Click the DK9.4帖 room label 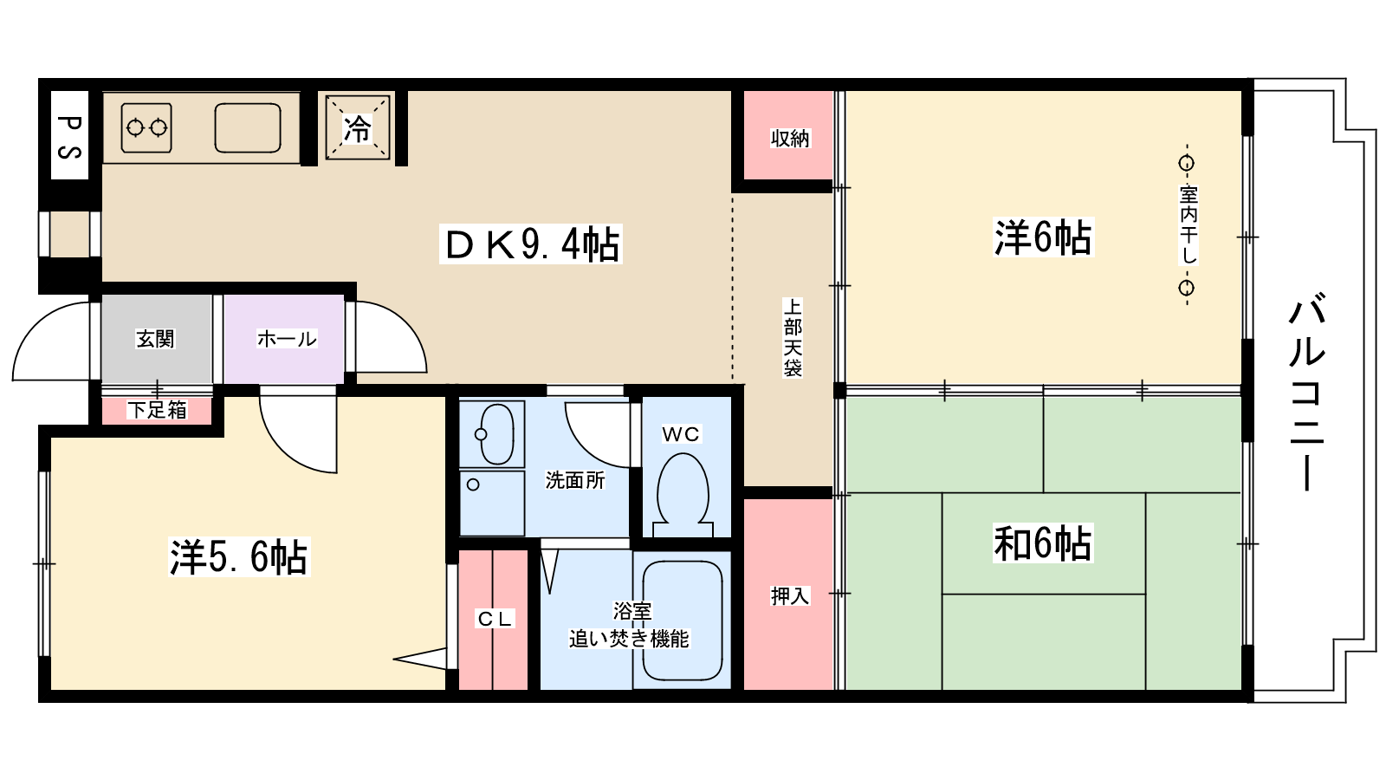click(531, 244)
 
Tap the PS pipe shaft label click(69, 136)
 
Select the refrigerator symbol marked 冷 click(358, 128)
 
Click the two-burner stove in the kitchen click(146, 128)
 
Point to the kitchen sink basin click(248, 128)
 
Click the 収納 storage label click(789, 138)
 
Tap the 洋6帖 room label click(1043, 237)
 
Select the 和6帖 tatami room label click(1043, 543)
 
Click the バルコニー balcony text click(1307, 394)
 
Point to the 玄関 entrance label click(155, 339)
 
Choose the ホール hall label click(287, 339)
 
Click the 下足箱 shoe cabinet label click(157, 410)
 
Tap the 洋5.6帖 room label click(239, 556)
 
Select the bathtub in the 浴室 click(683, 621)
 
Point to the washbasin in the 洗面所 click(497, 433)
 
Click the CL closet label click(495, 619)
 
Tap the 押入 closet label click(789, 595)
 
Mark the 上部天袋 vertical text click(793, 337)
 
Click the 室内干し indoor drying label click(1188, 225)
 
